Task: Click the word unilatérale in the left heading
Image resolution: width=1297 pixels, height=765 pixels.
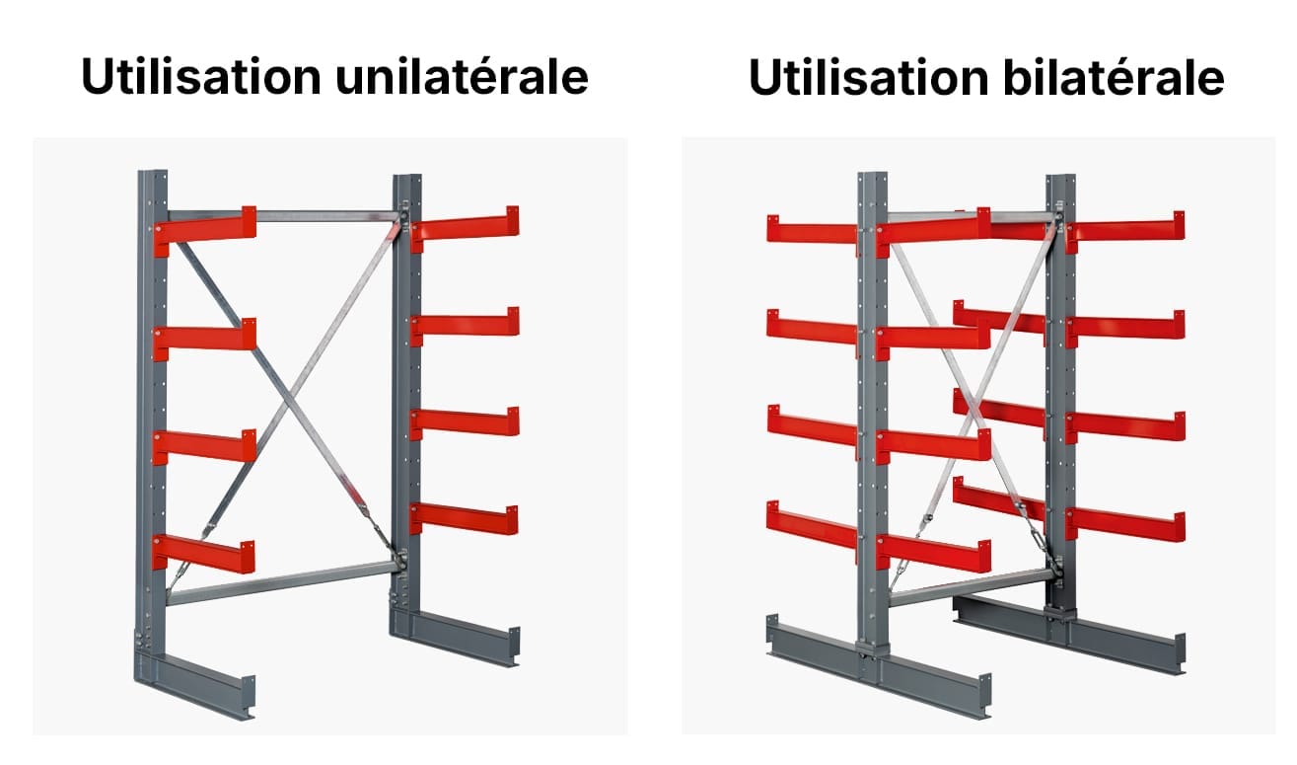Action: [x=462, y=77]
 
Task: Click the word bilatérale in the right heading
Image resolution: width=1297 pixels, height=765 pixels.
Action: [x=1114, y=77]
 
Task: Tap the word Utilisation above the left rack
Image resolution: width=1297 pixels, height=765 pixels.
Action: [x=201, y=77]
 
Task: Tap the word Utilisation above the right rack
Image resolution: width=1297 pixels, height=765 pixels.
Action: [x=869, y=77]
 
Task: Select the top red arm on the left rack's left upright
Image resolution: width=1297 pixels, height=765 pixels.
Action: [x=204, y=229]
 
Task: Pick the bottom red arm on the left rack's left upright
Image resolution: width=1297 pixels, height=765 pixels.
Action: [x=203, y=553]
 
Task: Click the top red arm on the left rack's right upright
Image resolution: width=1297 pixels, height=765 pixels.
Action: [x=465, y=227]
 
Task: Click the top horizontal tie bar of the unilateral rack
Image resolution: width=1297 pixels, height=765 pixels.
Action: [x=284, y=215]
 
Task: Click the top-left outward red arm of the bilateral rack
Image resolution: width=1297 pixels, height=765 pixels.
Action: [x=813, y=230]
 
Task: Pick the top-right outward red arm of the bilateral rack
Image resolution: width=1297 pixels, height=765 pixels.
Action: [x=1125, y=230]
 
